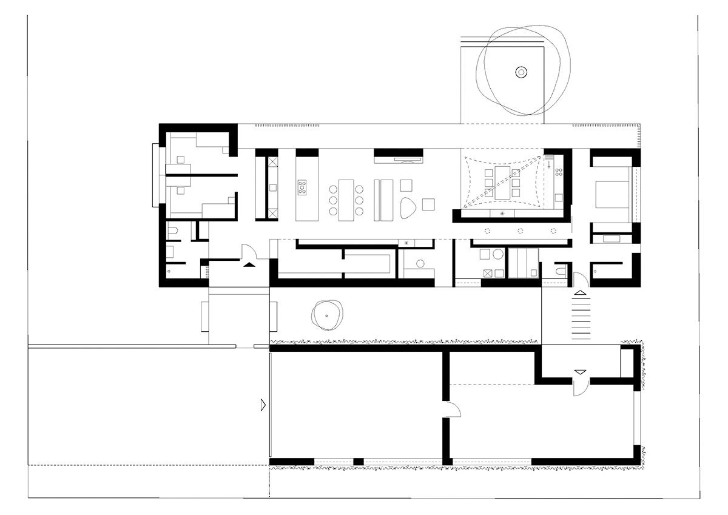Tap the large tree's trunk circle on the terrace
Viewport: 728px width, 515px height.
pos(520,72)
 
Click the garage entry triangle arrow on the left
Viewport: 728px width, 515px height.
pos(262,404)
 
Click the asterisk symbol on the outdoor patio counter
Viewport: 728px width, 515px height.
pos(502,214)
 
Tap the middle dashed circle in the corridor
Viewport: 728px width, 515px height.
pos(520,231)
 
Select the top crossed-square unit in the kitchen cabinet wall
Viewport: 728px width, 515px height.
pos(272,162)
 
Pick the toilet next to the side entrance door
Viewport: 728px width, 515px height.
pos(559,268)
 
